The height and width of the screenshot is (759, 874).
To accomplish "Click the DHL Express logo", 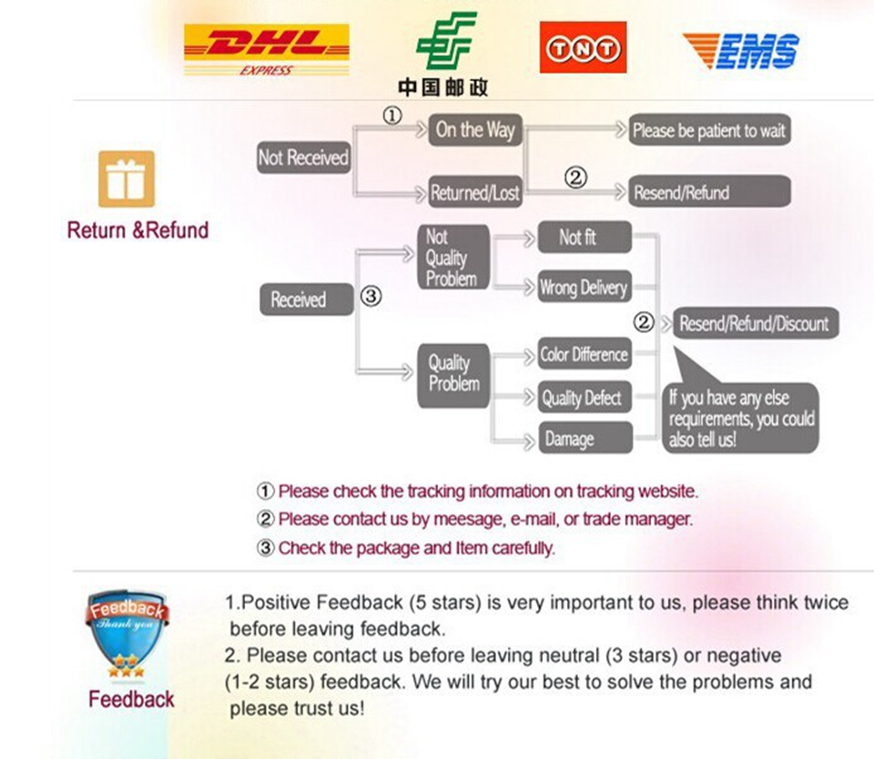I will pyautogui.click(x=266, y=49).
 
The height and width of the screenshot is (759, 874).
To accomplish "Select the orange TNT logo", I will pyautogui.click(x=583, y=47).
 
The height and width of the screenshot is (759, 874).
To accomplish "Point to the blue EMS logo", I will pyautogui.click(x=741, y=49).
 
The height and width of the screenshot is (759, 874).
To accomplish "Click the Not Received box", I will pyautogui.click(x=303, y=158).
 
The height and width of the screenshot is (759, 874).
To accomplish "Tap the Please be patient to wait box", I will pyautogui.click(x=709, y=130).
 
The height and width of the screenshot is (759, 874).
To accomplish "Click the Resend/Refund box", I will pyautogui.click(x=709, y=193).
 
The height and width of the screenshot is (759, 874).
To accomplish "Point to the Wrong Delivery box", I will pyautogui.click(x=584, y=288).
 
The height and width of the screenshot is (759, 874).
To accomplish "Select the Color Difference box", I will pyautogui.click(x=584, y=354).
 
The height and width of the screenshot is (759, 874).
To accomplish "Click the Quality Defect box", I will pyautogui.click(x=584, y=398).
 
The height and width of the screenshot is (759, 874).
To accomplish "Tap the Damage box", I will pyautogui.click(x=584, y=439).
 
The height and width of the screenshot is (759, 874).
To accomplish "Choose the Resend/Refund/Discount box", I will pyautogui.click(x=754, y=323).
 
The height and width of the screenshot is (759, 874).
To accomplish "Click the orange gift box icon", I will pyautogui.click(x=126, y=177).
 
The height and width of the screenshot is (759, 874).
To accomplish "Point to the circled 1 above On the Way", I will pyautogui.click(x=391, y=116).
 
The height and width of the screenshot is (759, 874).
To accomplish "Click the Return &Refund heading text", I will pyautogui.click(x=137, y=230).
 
